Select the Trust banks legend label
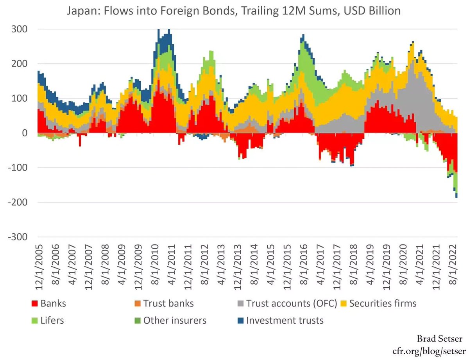pyautogui.click(x=168, y=303)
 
